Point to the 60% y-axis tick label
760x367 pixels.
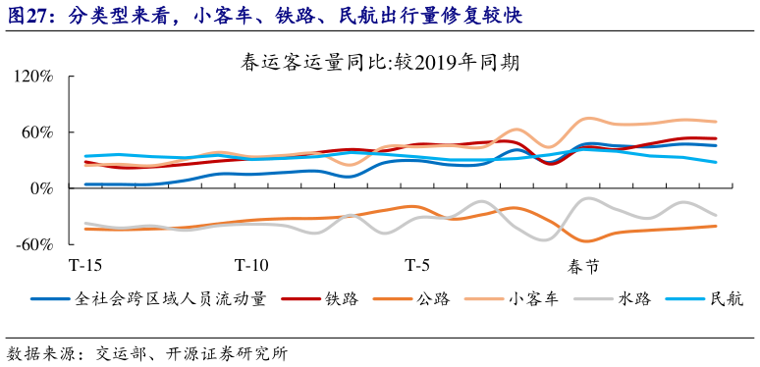(x=35, y=132)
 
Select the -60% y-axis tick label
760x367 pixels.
(x=32, y=244)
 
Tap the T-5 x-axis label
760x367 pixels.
(x=417, y=266)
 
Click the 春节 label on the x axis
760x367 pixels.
(x=584, y=266)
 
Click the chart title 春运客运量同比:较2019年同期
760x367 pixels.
(x=380, y=63)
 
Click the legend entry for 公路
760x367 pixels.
(x=432, y=300)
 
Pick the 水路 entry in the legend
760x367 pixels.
(x=634, y=300)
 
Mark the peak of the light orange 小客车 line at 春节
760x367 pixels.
(x=588, y=118)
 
